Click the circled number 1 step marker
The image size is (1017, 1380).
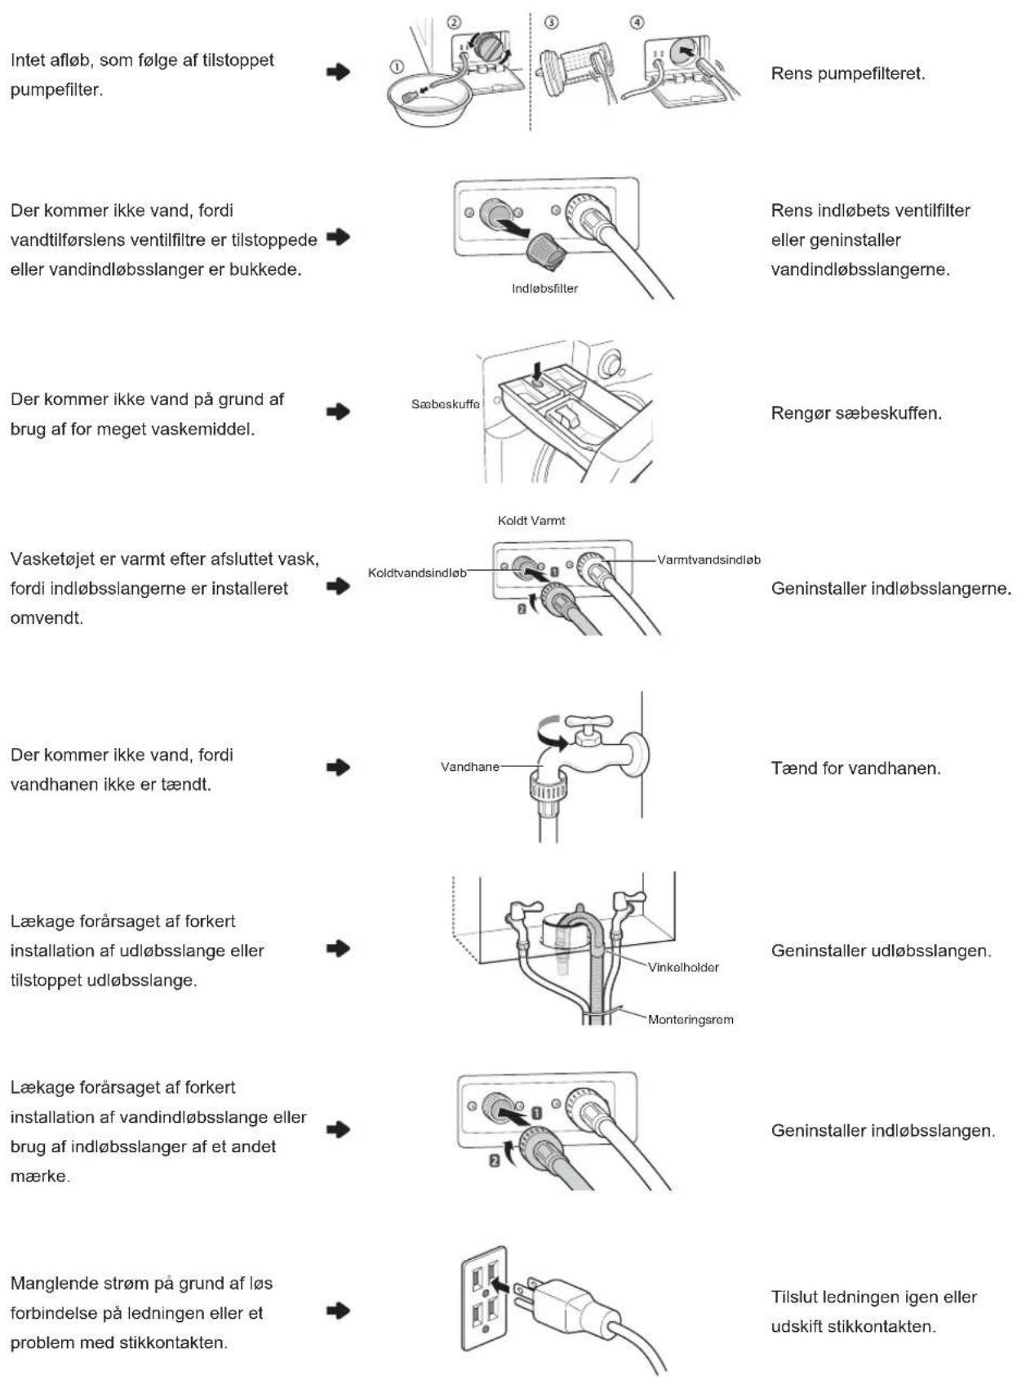pyautogui.click(x=397, y=66)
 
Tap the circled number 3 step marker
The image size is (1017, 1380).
pyautogui.click(x=552, y=23)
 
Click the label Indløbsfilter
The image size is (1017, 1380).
pyautogui.click(x=545, y=288)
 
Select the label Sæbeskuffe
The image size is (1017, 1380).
pyautogui.click(x=445, y=404)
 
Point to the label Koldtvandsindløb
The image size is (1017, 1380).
pyautogui.click(x=417, y=573)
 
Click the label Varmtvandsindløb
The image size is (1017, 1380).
pyautogui.click(x=708, y=560)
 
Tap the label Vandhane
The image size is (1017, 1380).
pyautogui.click(x=469, y=767)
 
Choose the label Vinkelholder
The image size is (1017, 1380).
pyautogui.click(x=683, y=968)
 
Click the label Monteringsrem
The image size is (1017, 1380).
pyautogui.click(x=691, y=1020)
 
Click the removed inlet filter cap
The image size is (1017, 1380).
pyautogui.click(x=546, y=252)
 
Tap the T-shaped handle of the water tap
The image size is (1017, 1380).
pyautogui.click(x=589, y=722)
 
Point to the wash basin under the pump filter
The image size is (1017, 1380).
pyautogui.click(x=429, y=99)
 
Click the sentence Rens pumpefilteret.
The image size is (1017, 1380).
pyautogui.click(x=848, y=74)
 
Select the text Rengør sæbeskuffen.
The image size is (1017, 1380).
pyautogui.click(x=856, y=412)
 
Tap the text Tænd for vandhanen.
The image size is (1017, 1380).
pyautogui.click(x=855, y=768)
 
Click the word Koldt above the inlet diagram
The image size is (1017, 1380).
pyautogui.click(x=513, y=521)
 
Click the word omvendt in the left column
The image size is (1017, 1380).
pyautogui.click(x=47, y=618)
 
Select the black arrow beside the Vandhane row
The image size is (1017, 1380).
pyautogui.click(x=338, y=768)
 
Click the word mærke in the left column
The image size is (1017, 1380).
pyautogui.click(x=40, y=1176)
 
